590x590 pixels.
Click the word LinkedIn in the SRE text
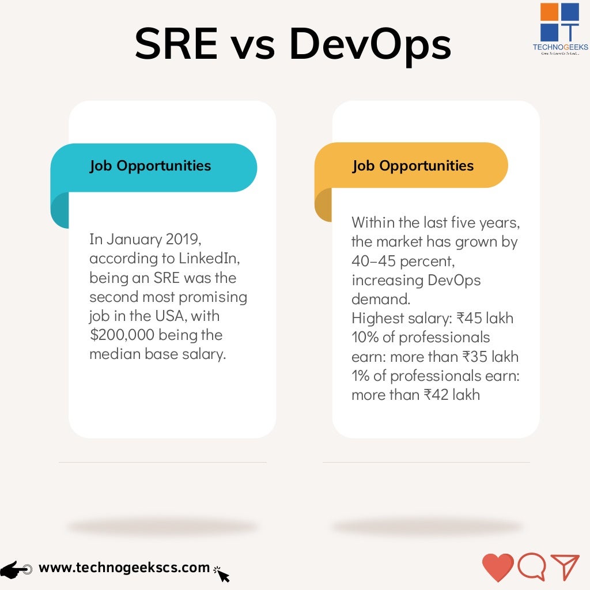pos(209,259)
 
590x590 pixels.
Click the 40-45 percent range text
pos(402,261)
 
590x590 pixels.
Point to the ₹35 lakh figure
pos(490,357)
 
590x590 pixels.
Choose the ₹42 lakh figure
pos(452,395)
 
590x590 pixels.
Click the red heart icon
pos(497,568)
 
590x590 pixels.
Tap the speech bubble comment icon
pos(531,567)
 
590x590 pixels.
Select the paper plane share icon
pos(565,567)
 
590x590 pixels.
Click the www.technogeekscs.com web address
pos(124,568)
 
